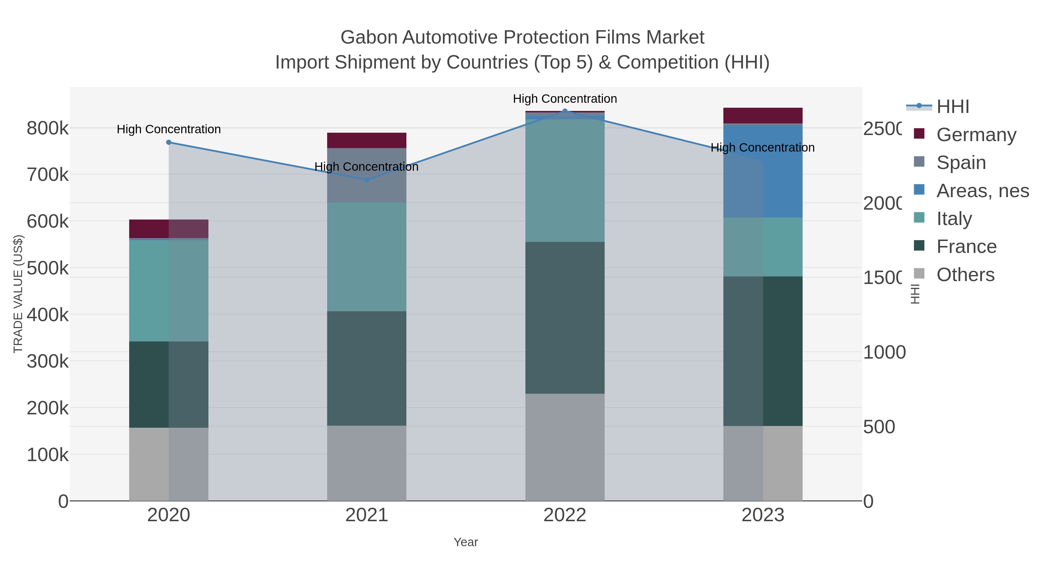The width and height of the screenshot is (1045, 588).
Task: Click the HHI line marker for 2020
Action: [169, 143]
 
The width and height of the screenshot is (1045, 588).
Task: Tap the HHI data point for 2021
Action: [367, 180]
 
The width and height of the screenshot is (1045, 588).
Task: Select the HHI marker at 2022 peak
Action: [565, 111]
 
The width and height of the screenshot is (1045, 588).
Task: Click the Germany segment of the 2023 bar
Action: [763, 116]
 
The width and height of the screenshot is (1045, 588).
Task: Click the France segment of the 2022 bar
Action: [565, 318]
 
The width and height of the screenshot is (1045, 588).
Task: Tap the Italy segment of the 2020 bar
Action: [169, 291]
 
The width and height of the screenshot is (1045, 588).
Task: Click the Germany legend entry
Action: [976, 135]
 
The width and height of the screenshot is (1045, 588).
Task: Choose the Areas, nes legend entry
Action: [982, 191]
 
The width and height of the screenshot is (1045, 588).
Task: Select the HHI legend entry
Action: [952, 107]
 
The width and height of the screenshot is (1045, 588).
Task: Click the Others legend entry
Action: [965, 275]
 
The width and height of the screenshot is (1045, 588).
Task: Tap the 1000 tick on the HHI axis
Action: [884, 352]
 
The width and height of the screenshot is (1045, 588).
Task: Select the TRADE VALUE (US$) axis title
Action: [18, 294]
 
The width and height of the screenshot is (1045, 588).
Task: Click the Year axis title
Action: [466, 542]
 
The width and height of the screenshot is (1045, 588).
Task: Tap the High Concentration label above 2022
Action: [565, 99]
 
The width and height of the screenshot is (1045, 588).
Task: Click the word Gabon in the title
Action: [368, 37]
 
